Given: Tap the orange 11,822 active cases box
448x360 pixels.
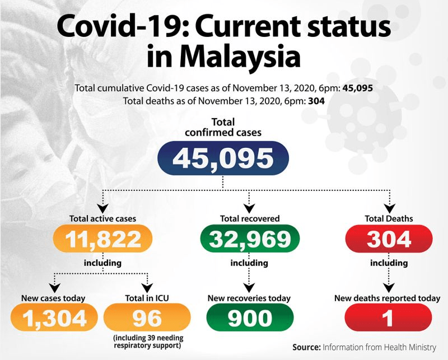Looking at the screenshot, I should (104, 239).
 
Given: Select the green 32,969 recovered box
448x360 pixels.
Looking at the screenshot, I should (250, 239).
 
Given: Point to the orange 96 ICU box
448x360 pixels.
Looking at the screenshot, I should (147, 319).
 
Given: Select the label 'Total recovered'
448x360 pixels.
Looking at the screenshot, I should (250, 218).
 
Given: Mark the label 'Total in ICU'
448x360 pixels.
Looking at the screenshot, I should (147, 298).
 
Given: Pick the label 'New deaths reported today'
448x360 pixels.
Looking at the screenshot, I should (388, 298).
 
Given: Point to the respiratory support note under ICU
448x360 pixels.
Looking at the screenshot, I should (148, 342).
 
